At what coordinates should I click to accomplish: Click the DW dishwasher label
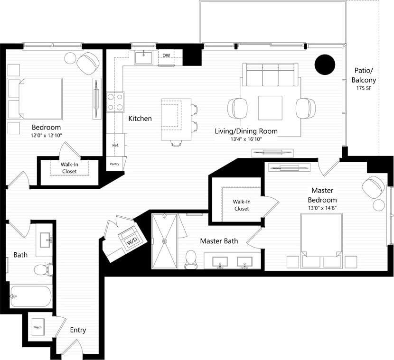tap(166, 55)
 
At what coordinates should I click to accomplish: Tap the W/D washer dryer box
tap(131, 240)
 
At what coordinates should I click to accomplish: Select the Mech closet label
tap(37, 327)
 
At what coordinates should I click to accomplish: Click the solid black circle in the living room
tap(325, 65)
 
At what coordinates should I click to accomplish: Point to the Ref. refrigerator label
tap(115, 145)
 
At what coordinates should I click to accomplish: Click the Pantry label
tap(114, 164)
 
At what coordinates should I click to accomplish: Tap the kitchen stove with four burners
tap(115, 102)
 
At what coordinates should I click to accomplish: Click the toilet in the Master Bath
tap(191, 258)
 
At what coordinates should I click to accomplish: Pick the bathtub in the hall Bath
tap(30, 297)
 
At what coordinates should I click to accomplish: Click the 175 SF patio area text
tap(364, 89)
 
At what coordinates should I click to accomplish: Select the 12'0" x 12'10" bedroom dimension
tap(46, 135)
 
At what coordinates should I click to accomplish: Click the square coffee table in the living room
tap(270, 108)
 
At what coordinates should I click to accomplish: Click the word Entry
tap(78, 330)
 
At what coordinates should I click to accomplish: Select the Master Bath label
tap(219, 241)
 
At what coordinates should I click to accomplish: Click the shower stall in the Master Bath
tap(164, 241)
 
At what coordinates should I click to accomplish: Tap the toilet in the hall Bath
tap(42, 270)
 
